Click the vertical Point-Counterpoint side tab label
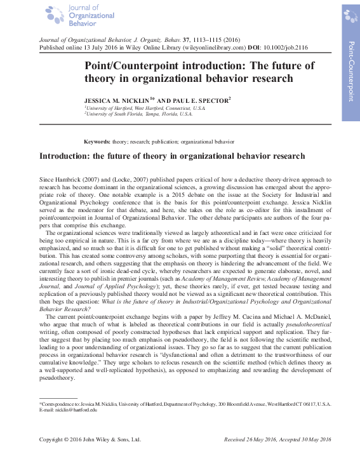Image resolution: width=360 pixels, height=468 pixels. pos(351,70)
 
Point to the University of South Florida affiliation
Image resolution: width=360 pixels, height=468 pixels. pos(139,114)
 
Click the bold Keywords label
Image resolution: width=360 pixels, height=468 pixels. pos(97,142)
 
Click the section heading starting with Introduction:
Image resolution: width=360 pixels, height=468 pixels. pos(172,156)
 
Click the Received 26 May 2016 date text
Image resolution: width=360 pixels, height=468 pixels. pos(249,439)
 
